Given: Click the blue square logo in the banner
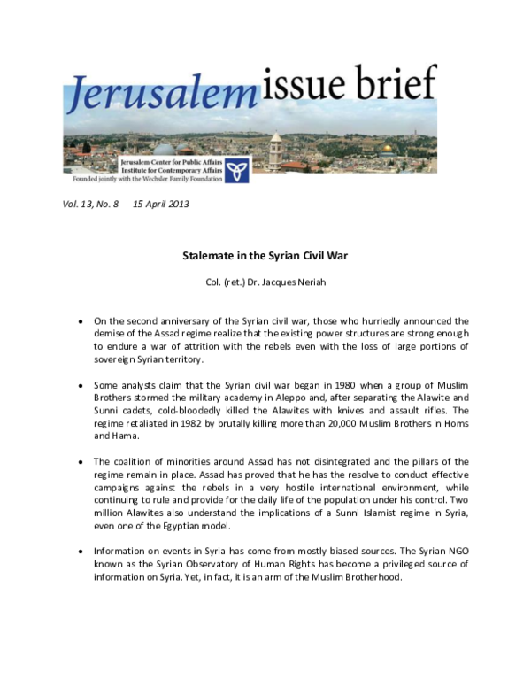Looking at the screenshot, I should [236, 167].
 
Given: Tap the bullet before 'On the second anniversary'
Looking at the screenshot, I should [81, 322].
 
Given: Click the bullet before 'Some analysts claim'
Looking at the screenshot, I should [81, 386].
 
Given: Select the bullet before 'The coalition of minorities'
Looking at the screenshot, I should [81, 462].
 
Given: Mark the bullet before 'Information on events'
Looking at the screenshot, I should [81, 551].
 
